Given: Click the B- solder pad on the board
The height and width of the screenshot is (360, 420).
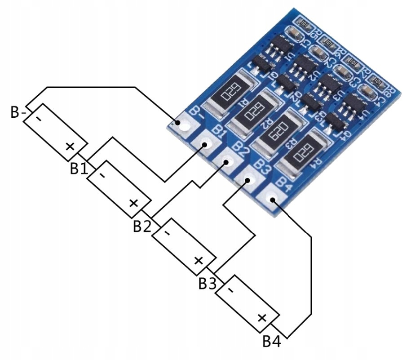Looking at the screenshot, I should tap(183, 124).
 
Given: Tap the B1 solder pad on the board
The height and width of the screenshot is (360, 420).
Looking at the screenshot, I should tap(205, 144).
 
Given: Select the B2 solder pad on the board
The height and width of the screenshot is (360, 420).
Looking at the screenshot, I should tap(227, 162).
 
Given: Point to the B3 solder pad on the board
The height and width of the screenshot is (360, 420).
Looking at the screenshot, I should tap(248, 180).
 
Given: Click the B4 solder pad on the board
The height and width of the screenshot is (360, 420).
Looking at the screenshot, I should tap(272, 198).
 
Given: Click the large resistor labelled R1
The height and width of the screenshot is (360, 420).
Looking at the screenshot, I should tap(231, 93).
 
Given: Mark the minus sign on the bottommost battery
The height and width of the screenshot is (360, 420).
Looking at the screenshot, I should tap(230, 289).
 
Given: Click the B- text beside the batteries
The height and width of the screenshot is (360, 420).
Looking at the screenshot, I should tap(19, 112).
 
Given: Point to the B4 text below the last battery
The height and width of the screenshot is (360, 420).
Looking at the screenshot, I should tap(271, 342).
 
